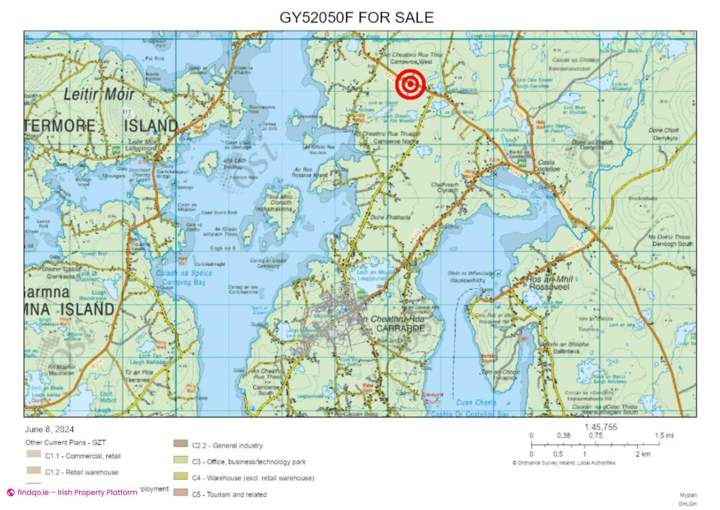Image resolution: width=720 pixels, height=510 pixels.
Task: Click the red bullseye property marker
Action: click(411, 84)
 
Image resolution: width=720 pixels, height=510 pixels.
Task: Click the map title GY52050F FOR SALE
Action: click(357, 17)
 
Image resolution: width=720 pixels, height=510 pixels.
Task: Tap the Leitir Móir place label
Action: click(99, 94)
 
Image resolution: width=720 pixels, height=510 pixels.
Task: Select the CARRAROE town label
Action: click(400, 328)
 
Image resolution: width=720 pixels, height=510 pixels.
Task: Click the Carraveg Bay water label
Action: click(184, 282)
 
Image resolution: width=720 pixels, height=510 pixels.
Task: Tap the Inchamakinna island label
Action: click(274, 209)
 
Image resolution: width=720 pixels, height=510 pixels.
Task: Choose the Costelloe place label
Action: click(549, 169)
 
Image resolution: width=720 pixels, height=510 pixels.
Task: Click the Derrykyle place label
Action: click(665, 138)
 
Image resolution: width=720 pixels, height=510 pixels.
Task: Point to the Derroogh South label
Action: click(672, 244)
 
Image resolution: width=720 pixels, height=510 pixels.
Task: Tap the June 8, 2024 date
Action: click(49, 429)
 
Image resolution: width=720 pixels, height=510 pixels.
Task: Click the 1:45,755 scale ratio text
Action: click(601, 427)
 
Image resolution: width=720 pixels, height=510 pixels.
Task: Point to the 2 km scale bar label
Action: click(643, 454)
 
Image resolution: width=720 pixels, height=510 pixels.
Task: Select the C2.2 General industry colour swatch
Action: click(180, 444)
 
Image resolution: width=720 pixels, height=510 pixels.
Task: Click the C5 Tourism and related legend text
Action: click(229, 494)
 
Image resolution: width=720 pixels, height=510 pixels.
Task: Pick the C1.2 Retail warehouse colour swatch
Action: click(34, 470)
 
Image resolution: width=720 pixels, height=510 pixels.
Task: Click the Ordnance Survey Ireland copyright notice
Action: click(564, 463)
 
